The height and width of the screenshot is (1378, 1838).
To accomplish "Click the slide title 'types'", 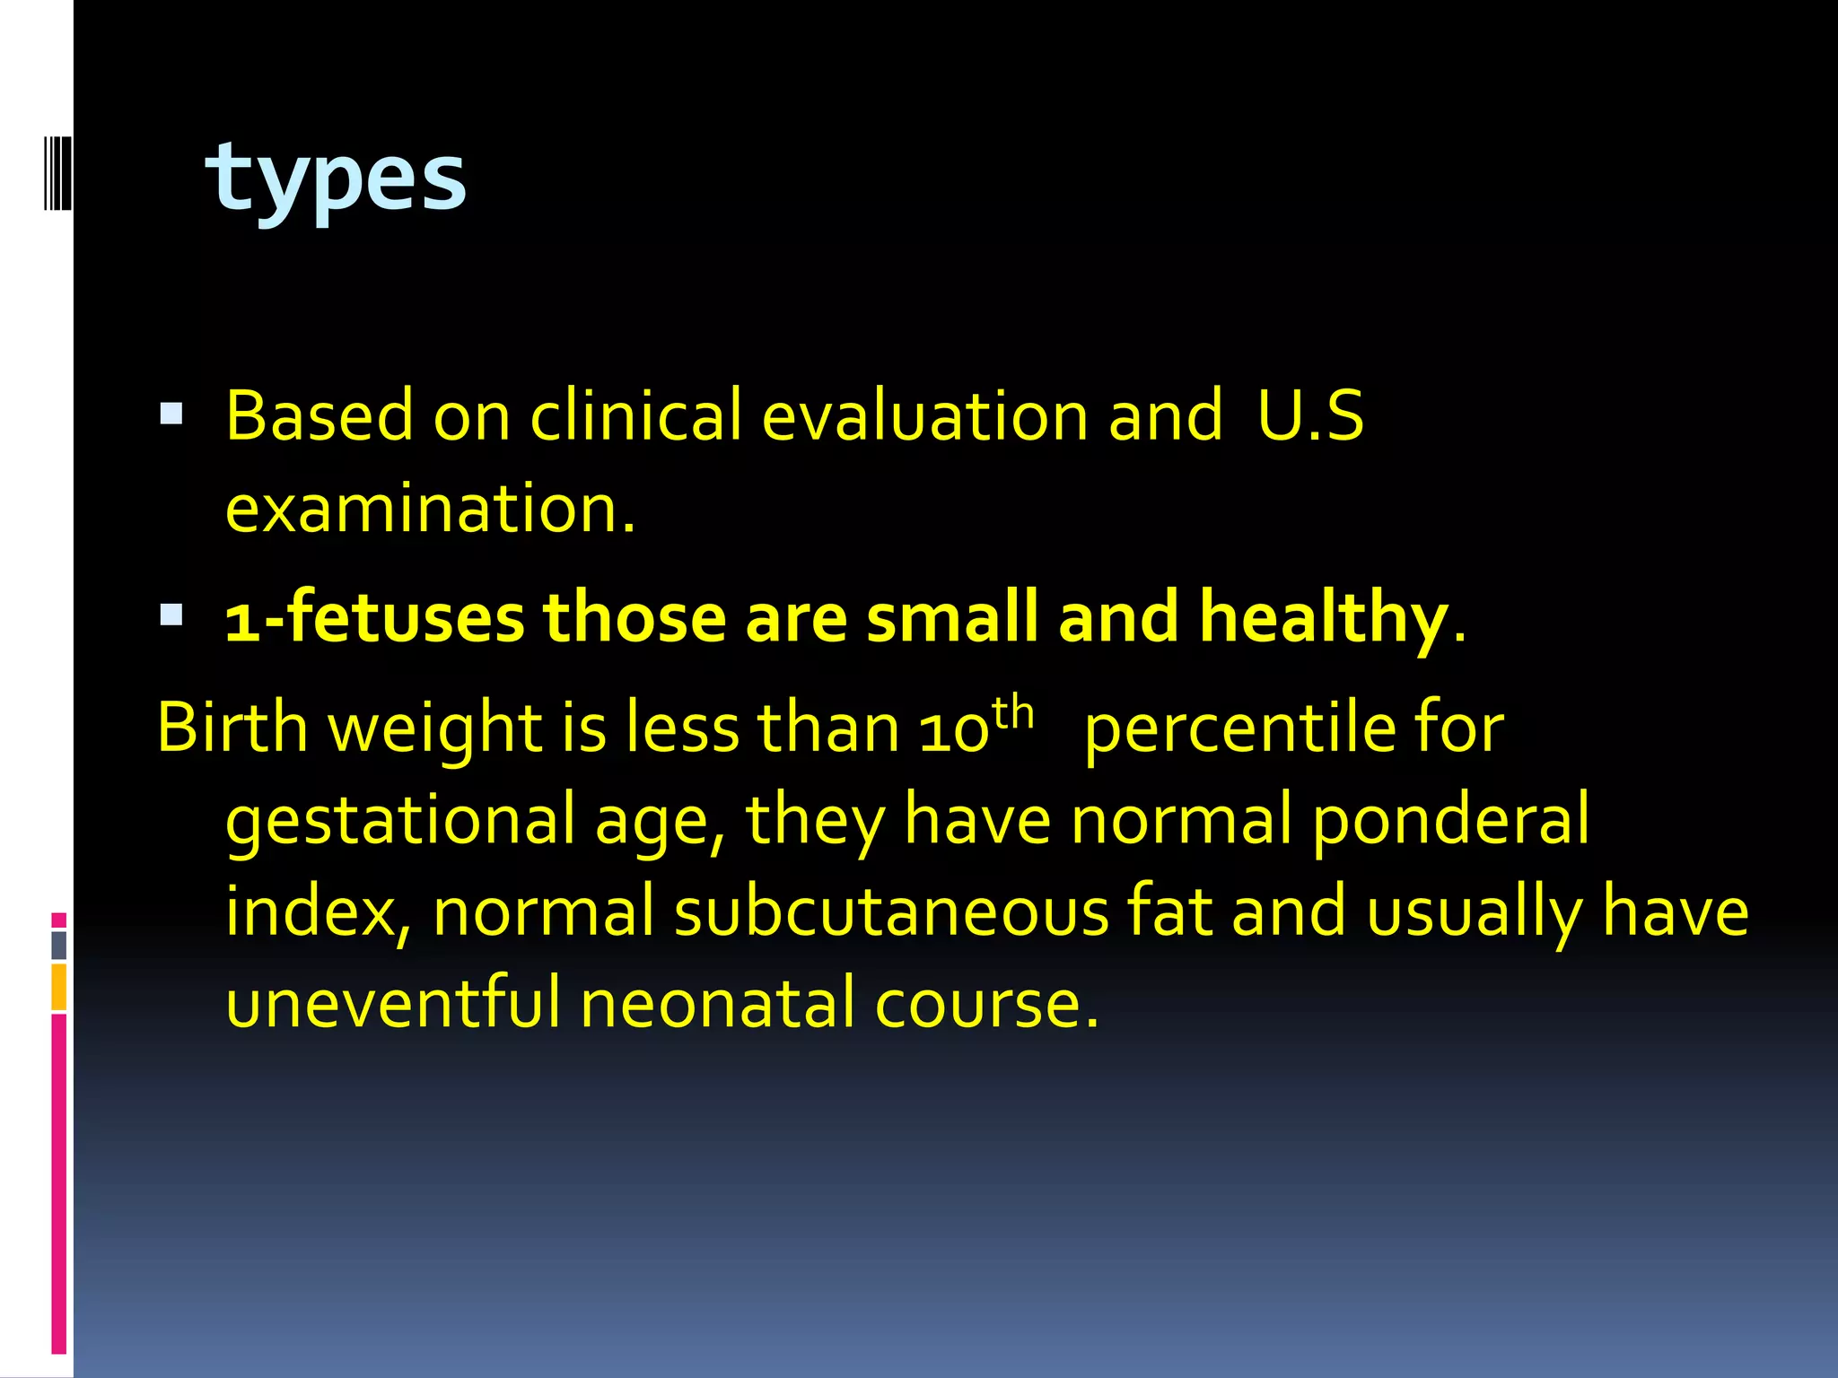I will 336,179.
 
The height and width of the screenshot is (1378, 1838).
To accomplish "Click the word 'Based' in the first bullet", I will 319,415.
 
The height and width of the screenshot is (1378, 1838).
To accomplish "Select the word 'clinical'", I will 636,415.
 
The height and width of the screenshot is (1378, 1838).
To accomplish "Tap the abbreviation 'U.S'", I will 1310,415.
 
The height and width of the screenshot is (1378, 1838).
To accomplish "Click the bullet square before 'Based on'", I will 171,414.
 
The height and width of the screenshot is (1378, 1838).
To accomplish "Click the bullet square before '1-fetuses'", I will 171,615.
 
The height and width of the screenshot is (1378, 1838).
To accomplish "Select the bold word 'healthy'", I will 1324,619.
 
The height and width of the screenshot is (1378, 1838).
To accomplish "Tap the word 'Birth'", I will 232,727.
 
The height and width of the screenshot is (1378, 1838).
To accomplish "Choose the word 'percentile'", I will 1239,727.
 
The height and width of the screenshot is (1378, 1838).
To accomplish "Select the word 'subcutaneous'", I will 892,911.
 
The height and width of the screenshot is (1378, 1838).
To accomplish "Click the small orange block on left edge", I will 58,987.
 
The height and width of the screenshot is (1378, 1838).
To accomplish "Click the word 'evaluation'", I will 924,415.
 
